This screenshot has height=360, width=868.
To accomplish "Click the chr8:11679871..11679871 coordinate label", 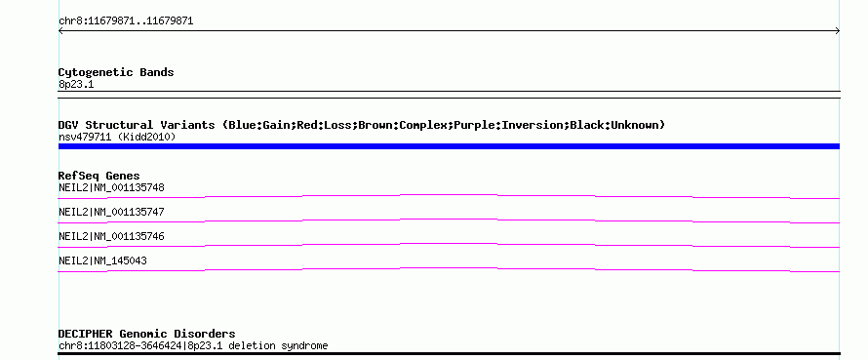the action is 126,21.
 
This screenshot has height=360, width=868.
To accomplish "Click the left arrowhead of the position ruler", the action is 59,31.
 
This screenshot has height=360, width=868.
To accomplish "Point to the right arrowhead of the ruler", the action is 838,31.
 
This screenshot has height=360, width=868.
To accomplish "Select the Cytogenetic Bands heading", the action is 116,72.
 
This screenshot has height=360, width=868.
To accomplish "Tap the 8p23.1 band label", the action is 76,84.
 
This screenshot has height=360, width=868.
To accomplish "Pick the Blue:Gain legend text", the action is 259,125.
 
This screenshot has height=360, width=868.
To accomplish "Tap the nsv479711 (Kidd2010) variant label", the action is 117,137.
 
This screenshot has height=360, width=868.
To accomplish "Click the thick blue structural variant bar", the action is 449,146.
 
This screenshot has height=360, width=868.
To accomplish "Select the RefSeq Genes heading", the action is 99,176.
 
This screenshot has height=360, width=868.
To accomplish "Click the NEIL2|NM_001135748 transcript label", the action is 111,187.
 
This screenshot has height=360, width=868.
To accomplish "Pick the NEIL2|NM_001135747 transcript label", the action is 111,212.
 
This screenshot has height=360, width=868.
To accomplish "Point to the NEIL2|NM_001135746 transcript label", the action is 111,236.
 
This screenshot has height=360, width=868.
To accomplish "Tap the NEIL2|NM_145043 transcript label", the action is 102,260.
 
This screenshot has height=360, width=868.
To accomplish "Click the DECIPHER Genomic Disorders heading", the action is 146,334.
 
